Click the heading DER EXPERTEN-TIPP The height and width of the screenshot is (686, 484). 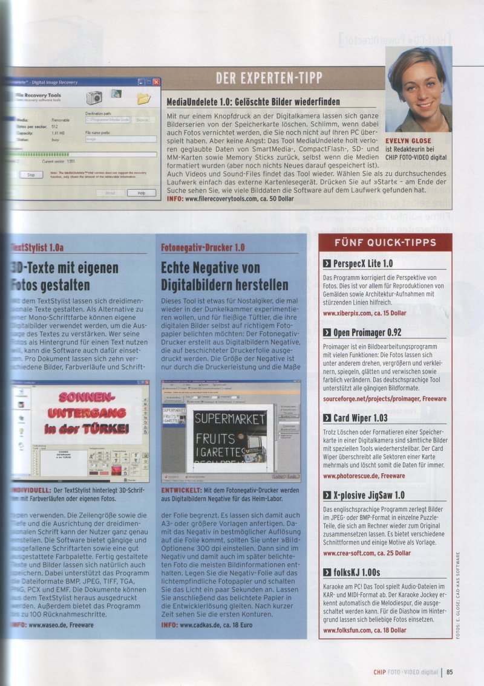(x=269, y=78)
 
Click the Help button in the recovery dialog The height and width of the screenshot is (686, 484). (x=141, y=193)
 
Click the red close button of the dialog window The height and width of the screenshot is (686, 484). (x=156, y=82)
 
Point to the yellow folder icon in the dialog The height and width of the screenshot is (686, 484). (x=143, y=98)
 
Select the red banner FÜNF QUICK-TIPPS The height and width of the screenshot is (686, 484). (x=385, y=243)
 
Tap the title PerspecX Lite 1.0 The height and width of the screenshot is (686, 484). (x=362, y=264)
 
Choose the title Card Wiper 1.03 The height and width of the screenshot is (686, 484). (x=361, y=418)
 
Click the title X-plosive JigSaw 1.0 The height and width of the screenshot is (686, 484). (x=368, y=495)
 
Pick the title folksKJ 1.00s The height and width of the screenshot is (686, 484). (x=356, y=572)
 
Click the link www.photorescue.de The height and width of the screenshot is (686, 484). (x=355, y=476)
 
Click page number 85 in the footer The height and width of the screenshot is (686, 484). (x=450, y=670)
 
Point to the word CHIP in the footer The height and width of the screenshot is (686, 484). (x=379, y=670)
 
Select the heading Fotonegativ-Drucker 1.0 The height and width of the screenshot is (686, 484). (x=203, y=247)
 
